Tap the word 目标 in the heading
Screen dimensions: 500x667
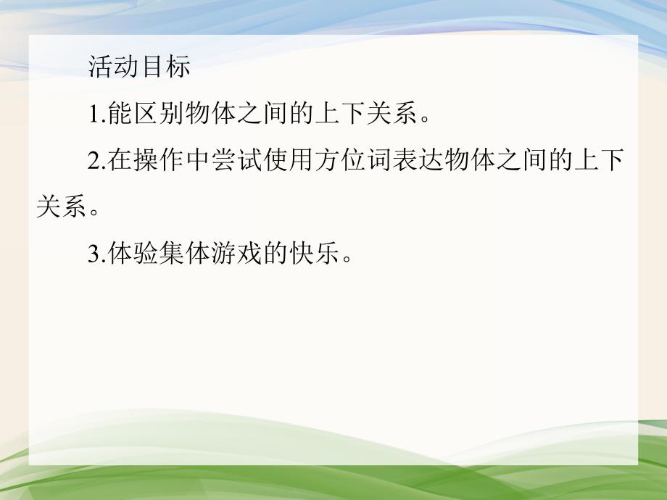click(165, 67)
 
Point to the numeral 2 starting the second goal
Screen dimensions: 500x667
click(93, 161)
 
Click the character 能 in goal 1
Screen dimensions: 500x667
click(120, 114)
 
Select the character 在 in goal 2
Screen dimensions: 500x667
click(120, 161)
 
